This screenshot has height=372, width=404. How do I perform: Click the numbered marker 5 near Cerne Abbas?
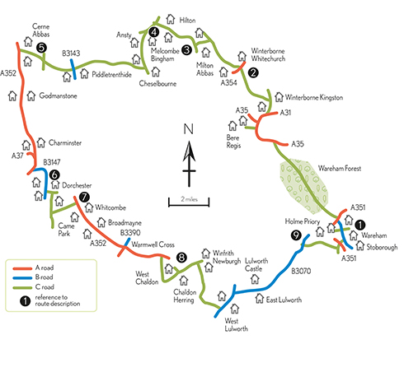(x=41, y=48)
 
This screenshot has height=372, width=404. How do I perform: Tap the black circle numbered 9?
(x=296, y=235)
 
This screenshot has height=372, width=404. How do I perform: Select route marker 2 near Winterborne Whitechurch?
(x=253, y=72)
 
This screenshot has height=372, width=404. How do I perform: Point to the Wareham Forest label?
(x=340, y=168)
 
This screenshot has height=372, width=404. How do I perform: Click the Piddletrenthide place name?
(x=111, y=75)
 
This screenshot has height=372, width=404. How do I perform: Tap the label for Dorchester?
(x=77, y=185)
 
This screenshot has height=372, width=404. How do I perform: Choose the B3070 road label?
(x=301, y=272)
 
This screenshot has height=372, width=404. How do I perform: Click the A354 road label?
(x=228, y=82)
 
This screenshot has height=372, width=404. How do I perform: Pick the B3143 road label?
(x=71, y=53)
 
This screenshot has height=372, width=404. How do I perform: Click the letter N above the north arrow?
(x=189, y=129)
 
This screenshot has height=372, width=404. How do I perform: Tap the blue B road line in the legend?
(x=22, y=278)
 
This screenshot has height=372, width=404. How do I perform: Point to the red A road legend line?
(x=22, y=268)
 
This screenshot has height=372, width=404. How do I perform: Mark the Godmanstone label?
(x=58, y=95)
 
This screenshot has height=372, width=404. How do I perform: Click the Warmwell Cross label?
(x=153, y=244)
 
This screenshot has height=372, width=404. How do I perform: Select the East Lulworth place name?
(x=284, y=300)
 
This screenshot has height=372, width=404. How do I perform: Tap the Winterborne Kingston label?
(x=314, y=97)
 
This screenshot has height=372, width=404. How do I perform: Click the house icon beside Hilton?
(x=171, y=19)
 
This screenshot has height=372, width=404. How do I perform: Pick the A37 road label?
(x=17, y=156)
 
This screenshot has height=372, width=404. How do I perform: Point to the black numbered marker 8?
(x=181, y=258)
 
